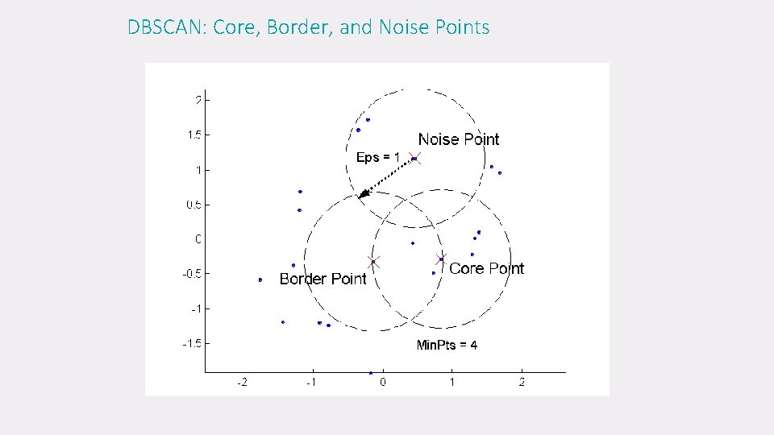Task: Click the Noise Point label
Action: (x=458, y=139)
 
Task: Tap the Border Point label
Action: (x=322, y=279)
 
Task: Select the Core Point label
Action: (x=486, y=268)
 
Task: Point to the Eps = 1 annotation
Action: (x=378, y=157)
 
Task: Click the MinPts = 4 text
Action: (x=446, y=345)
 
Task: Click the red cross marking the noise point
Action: (x=414, y=159)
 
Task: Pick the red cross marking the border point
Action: (x=373, y=261)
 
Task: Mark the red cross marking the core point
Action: (x=441, y=259)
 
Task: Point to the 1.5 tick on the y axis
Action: (x=194, y=135)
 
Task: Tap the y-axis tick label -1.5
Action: (x=192, y=343)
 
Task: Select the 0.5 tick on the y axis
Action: (x=194, y=205)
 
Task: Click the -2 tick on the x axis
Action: (x=242, y=382)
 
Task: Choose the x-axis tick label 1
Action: (x=451, y=382)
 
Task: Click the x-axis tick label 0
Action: (x=382, y=382)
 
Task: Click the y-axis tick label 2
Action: (x=198, y=100)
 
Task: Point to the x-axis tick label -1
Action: (x=311, y=382)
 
